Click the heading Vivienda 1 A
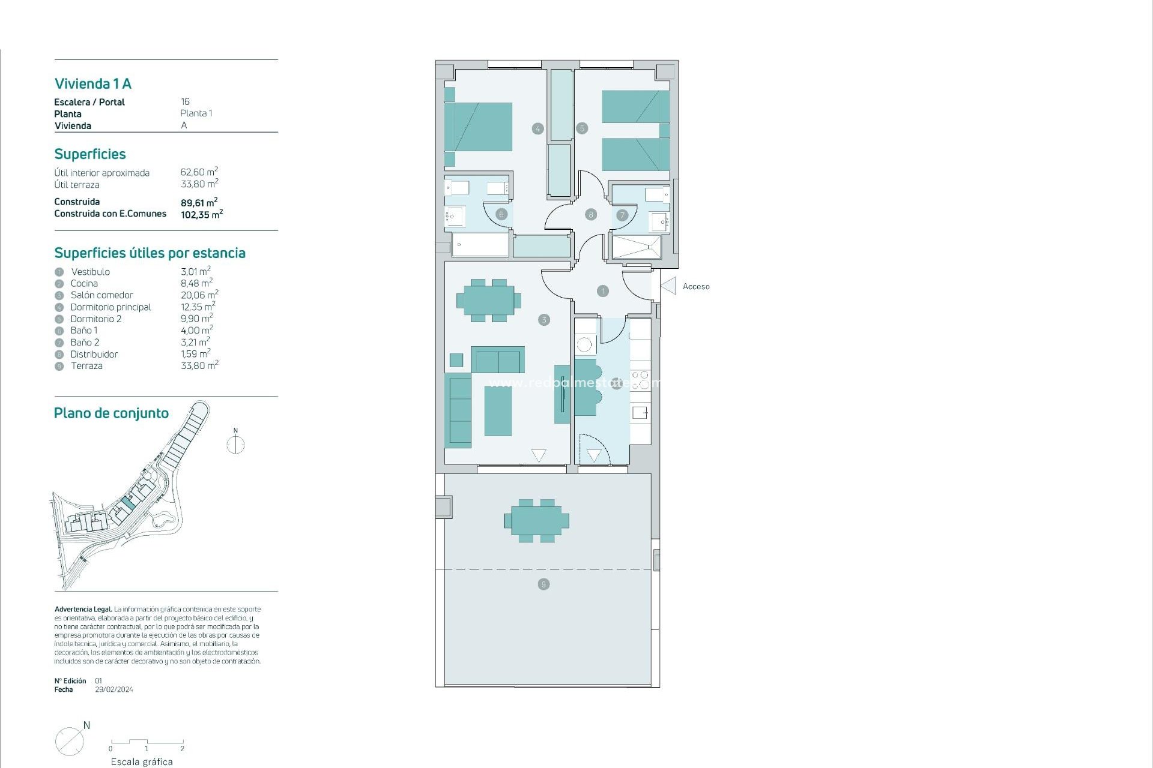(92, 84)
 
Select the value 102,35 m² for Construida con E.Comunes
(201, 214)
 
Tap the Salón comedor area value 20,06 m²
(199, 295)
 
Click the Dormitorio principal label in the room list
(110, 307)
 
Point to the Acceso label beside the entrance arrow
(695, 287)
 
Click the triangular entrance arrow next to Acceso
(669, 286)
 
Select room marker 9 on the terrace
(543, 584)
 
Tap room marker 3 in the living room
(544, 320)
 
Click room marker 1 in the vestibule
(603, 291)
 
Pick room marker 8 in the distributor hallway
(591, 214)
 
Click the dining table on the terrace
(537, 521)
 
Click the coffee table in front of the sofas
(498, 411)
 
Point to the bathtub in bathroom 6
(479, 245)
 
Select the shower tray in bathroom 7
(636, 247)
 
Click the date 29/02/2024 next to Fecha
(114, 690)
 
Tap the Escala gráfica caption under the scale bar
(142, 761)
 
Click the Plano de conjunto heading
(111, 413)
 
